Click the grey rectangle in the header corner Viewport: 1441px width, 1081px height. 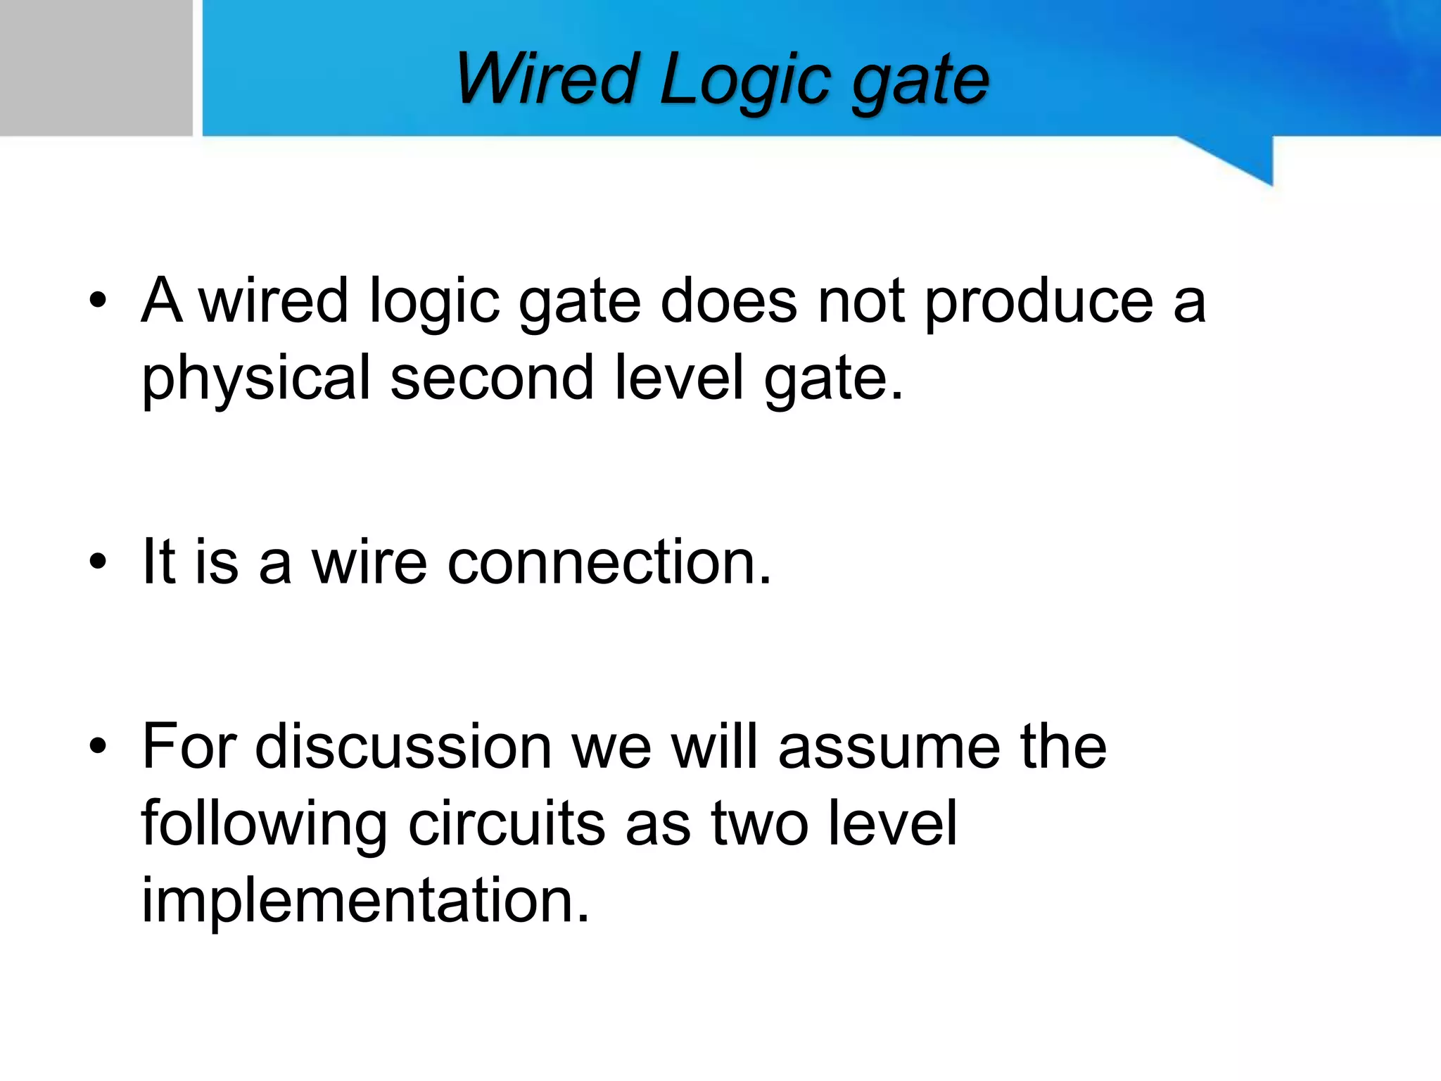pyautogui.click(x=96, y=68)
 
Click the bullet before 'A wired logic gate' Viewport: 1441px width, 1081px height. pyautogui.click(x=98, y=301)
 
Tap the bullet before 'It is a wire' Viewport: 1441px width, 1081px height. pyautogui.click(x=98, y=562)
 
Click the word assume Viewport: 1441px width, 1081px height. pyautogui.click(x=889, y=747)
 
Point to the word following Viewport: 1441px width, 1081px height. pyautogui.click(x=264, y=824)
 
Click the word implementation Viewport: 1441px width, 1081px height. pyautogui.click(x=365, y=901)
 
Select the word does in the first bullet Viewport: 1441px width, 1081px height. pyautogui.click(x=729, y=301)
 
